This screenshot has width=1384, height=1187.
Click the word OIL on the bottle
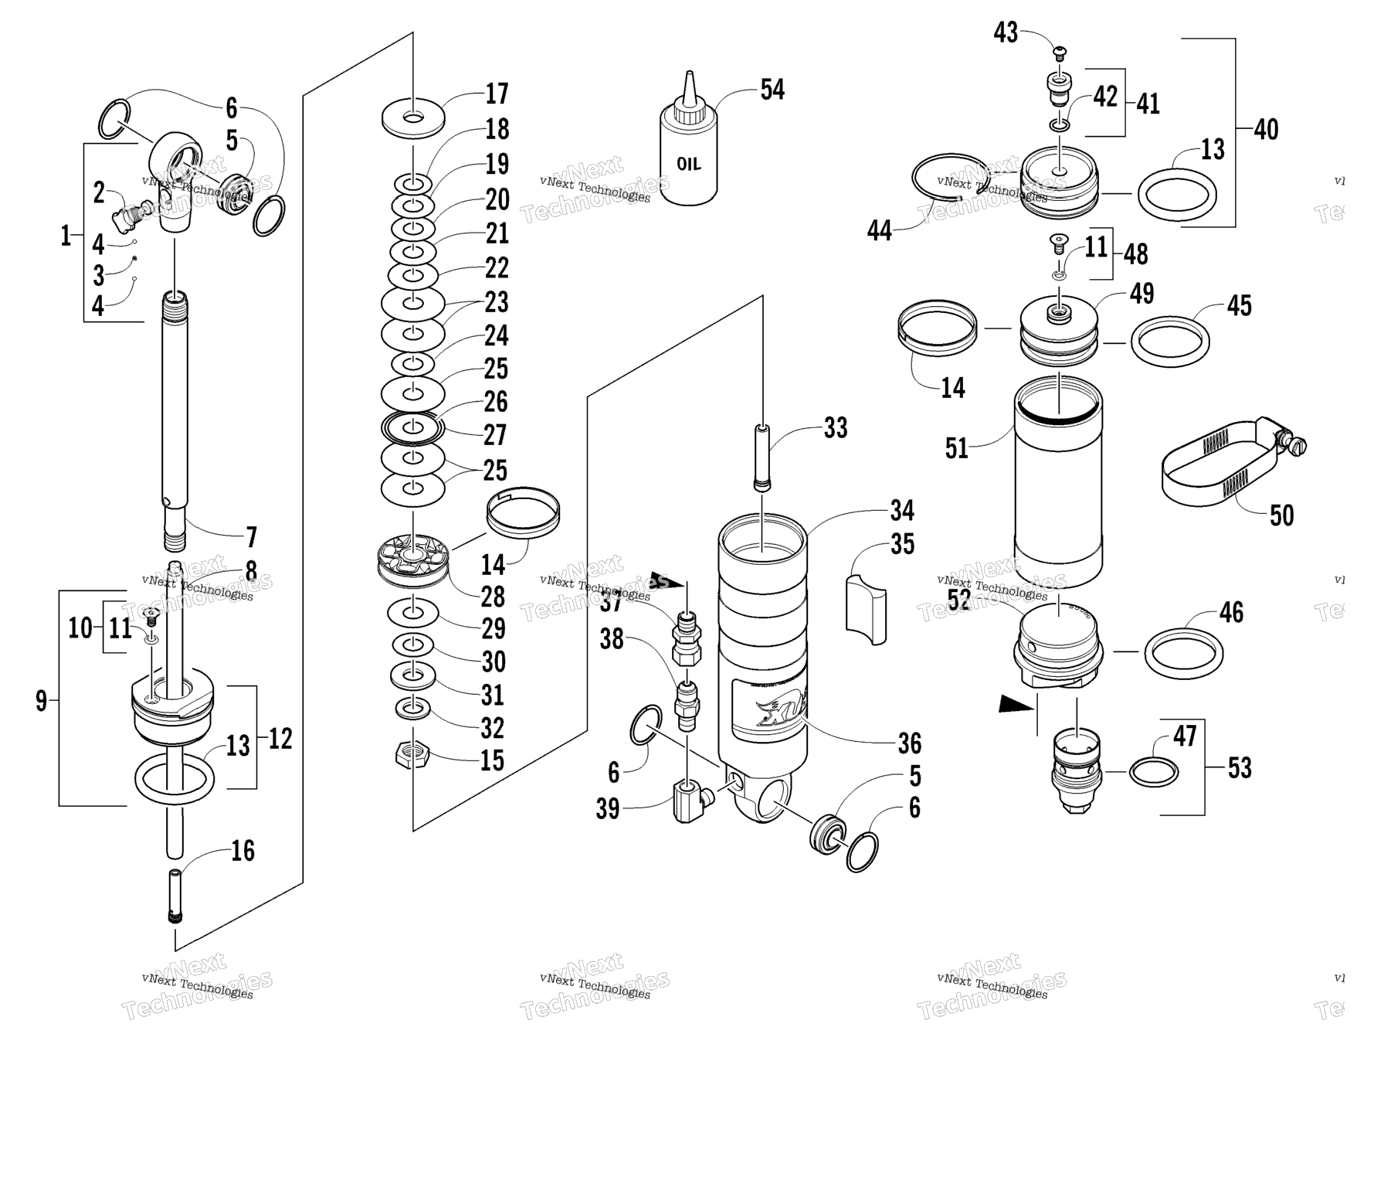point(688,165)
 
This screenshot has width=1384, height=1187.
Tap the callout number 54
point(772,90)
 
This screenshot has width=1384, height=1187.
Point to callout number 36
point(909,743)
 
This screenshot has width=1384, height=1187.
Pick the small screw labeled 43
point(1061,53)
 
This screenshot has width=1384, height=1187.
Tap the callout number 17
point(497,94)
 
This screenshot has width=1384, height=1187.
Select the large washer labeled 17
point(413,117)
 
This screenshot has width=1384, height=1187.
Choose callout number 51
point(956,448)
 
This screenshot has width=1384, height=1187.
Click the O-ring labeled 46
point(1182,652)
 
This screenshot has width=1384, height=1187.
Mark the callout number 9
point(42,701)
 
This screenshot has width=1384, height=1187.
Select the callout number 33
point(835,428)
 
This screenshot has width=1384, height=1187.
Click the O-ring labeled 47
point(1153,771)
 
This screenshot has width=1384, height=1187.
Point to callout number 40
point(1266,130)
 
